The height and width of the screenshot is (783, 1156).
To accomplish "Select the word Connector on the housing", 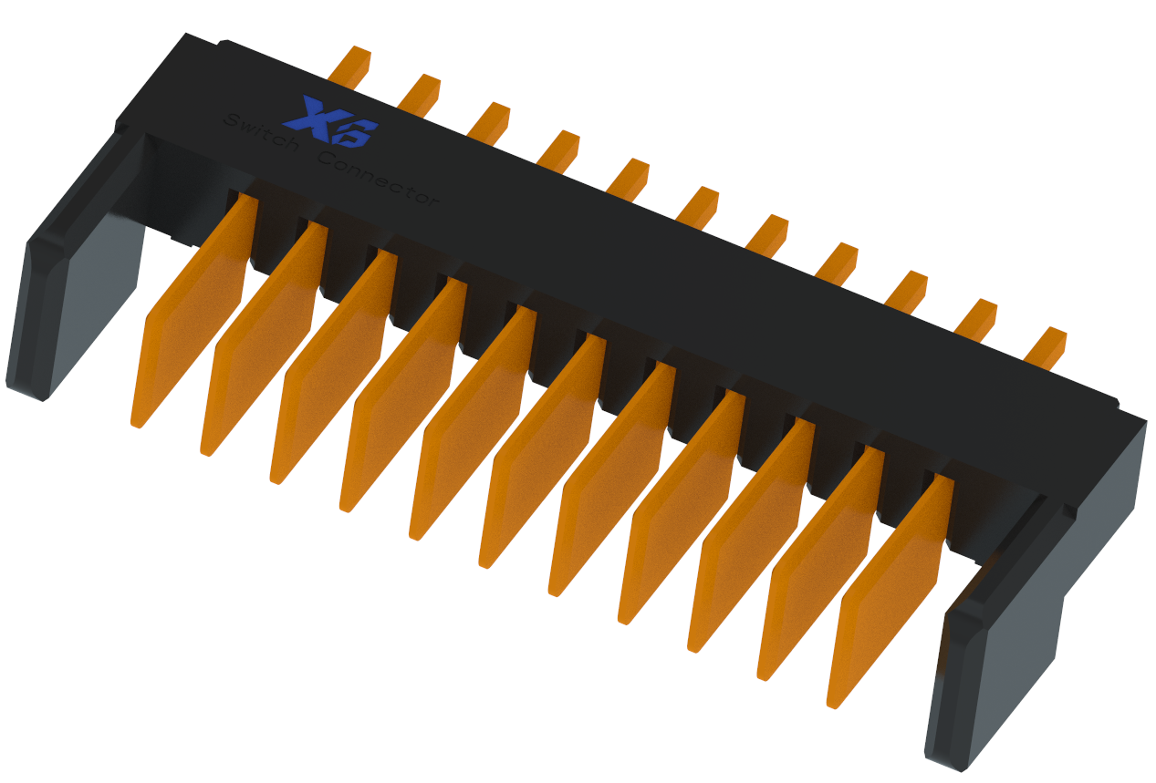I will click(379, 178).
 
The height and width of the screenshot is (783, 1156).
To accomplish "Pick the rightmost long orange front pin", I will click(890, 592).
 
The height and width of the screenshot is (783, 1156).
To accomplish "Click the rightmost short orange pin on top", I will click(1046, 346).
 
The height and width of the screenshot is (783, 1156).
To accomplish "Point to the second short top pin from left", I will click(420, 94).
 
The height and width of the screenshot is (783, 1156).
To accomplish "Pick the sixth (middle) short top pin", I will click(698, 206).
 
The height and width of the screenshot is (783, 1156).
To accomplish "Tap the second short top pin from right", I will click(976, 318).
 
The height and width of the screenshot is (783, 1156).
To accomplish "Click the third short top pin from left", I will click(489, 121).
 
